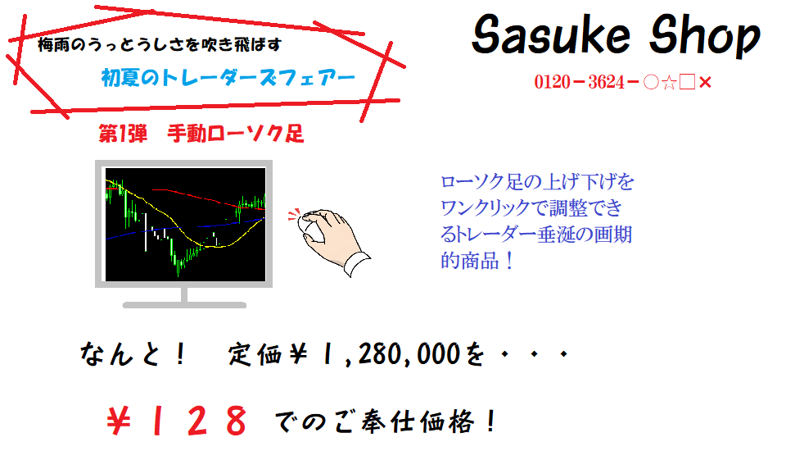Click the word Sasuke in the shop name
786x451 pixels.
551,34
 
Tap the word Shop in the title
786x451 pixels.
705,35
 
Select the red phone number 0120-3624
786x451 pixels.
580,82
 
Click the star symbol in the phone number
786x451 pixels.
669,82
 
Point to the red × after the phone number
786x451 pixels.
705,82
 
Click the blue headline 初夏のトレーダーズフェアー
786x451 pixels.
228,78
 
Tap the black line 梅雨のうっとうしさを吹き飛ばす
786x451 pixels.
160,45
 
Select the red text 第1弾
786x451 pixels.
123,134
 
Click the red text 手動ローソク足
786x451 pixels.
235,134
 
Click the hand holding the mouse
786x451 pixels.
333,240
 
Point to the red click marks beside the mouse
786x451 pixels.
294,215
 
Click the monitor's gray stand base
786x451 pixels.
184,305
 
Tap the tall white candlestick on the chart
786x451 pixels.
146,232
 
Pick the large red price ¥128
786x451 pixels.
177,421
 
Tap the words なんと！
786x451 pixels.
133,353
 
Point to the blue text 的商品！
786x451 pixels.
477,261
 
